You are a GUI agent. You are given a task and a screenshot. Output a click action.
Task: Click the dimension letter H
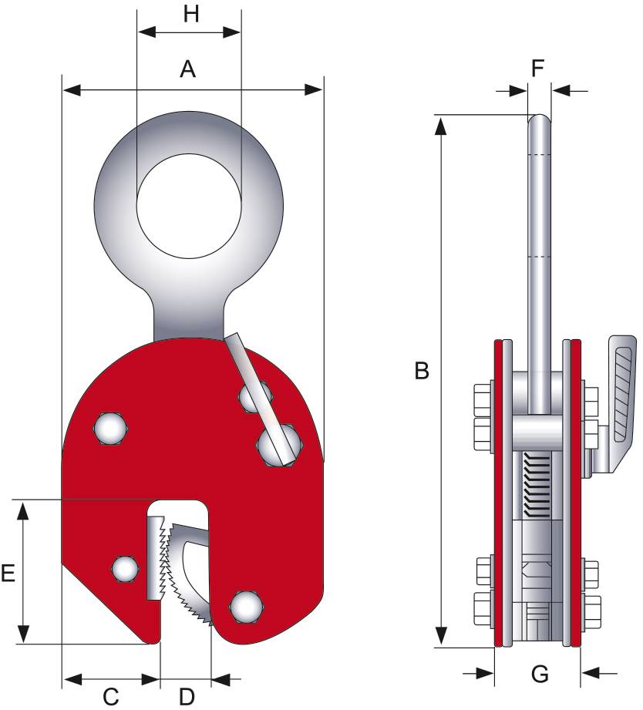pyautogui.click(x=191, y=14)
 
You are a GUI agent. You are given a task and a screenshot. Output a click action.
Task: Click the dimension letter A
pyautogui.click(x=188, y=69)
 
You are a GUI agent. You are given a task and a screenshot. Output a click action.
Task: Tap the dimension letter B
pyautogui.click(x=422, y=371)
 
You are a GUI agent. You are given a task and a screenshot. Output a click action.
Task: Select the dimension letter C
pyautogui.click(x=111, y=696)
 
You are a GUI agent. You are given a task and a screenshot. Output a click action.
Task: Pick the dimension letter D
pyautogui.click(x=187, y=696)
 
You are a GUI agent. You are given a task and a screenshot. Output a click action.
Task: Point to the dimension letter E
pyautogui.click(x=8, y=573)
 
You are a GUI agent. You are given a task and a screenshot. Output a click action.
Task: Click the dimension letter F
pyautogui.click(x=537, y=69)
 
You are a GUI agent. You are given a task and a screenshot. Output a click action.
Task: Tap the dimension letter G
pyautogui.click(x=540, y=674)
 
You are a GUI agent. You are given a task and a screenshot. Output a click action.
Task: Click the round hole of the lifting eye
pyautogui.click(x=189, y=206)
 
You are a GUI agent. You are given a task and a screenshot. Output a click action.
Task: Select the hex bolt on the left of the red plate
pyautogui.click(x=111, y=429)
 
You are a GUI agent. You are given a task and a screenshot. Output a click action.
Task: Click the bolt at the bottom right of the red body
pyautogui.click(x=247, y=607)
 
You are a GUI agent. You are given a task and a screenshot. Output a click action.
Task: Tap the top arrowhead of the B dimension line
pyautogui.click(x=440, y=126)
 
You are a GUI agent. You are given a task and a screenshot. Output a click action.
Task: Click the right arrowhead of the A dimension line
pyautogui.click(x=313, y=89)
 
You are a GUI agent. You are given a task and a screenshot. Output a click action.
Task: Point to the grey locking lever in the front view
pyautogui.click(x=259, y=399)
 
